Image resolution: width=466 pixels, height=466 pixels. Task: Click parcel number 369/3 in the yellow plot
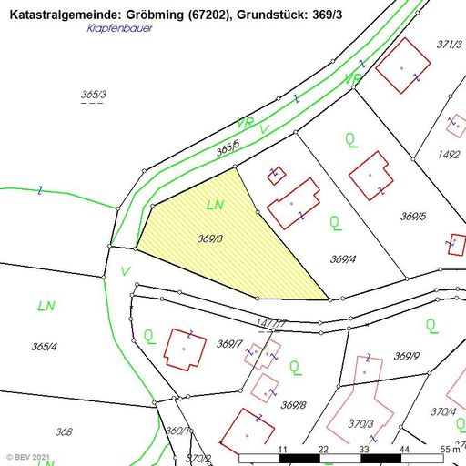(210, 238)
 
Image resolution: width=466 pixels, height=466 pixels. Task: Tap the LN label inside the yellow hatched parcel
(216, 206)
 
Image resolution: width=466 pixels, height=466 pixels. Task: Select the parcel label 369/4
(342, 259)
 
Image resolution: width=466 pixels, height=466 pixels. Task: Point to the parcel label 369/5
(413, 217)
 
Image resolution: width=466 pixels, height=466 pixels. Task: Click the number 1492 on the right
(449, 155)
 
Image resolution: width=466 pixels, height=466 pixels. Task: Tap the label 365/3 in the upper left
(94, 95)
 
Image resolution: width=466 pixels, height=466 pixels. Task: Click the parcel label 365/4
(44, 346)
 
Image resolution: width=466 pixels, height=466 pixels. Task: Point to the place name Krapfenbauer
(120, 28)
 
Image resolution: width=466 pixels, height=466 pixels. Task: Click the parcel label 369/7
(228, 343)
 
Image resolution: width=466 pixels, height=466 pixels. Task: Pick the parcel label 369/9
(406, 355)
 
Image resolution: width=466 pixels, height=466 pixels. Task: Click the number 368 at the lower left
(64, 432)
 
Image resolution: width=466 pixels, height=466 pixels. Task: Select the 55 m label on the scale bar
(450, 450)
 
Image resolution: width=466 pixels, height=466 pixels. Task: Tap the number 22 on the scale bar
(323, 450)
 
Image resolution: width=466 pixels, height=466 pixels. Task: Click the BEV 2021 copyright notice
(28, 455)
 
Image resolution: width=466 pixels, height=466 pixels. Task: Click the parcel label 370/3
(361, 424)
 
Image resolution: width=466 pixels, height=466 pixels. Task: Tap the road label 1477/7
(272, 323)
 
